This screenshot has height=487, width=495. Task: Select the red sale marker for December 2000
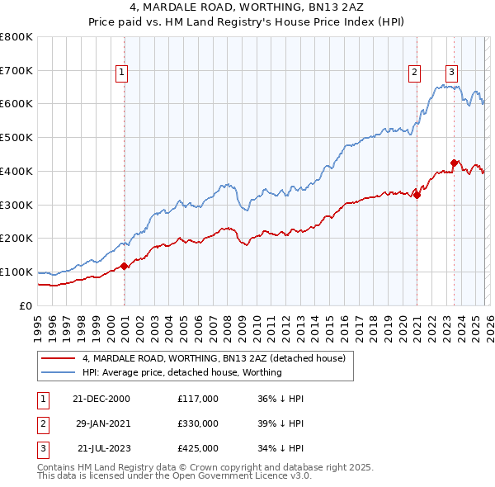coord(124,266)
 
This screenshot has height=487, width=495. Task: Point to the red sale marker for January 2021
coord(417,195)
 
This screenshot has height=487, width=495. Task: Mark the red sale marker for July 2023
coord(454,163)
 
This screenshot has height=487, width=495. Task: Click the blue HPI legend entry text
coord(182,372)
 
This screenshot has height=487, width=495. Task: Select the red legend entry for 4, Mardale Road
coord(218,358)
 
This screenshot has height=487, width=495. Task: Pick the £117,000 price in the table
coord(197,399)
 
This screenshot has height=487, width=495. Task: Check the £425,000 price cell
coord(197,448)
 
